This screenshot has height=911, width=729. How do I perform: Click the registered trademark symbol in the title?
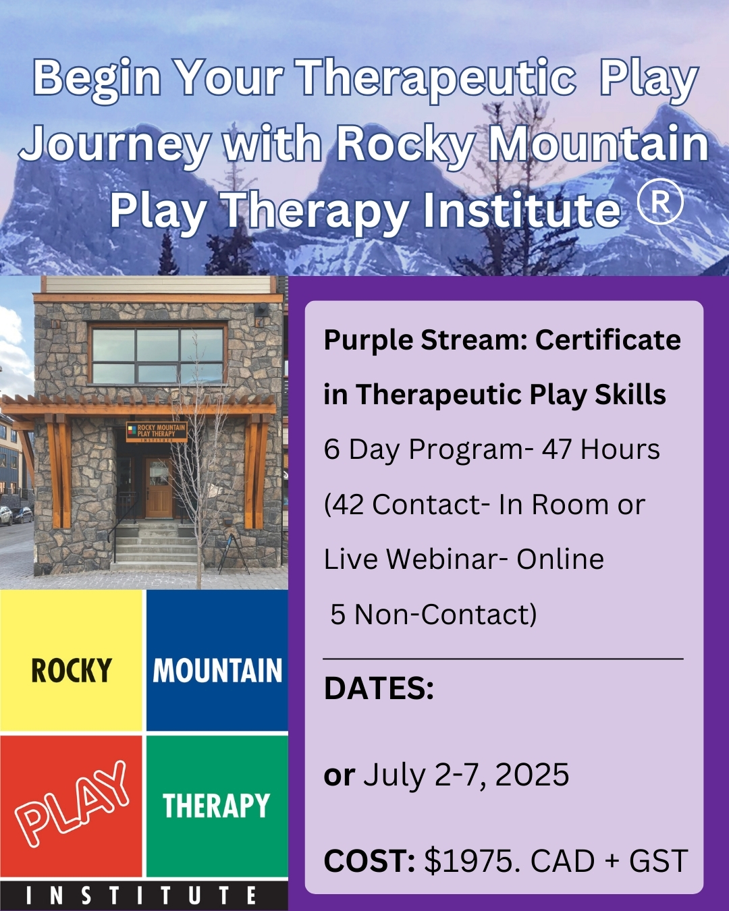pos(660,202)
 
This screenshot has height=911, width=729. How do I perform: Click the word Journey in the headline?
pos(114,146)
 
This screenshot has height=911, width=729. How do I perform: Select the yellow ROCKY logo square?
pos(71,660)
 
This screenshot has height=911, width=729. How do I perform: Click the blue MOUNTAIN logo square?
pos(217,660)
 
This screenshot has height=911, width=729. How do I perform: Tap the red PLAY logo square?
pos(71,806)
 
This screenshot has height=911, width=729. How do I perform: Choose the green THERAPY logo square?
pos(217,806)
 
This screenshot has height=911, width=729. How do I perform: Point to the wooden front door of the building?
pos(159,488)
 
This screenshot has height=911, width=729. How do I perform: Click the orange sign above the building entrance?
pos(157,432)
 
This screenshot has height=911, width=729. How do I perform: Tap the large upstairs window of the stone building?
pos(157,355)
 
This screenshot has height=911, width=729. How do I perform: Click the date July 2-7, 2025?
pos(466,775)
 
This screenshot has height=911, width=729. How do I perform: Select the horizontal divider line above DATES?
pos(504,659)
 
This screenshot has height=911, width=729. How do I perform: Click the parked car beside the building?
pos(21,515)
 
